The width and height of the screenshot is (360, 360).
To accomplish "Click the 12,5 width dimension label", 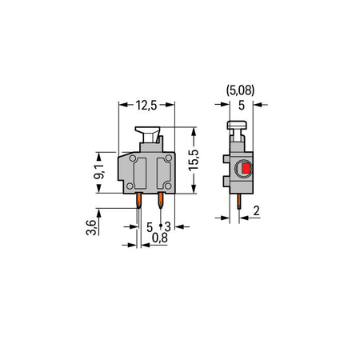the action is (146, 106).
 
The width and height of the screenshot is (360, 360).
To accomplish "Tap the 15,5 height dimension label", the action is (194, 160).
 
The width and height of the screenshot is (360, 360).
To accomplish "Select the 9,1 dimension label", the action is (99, 172).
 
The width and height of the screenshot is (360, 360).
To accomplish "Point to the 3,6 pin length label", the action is (91, 227).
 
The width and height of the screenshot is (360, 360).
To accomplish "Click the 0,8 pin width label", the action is (160, 238).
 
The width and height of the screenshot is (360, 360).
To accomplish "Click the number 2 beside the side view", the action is (256, 210).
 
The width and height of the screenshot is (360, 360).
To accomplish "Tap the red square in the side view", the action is (246, 168).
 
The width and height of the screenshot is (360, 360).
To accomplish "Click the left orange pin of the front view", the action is (139, 201).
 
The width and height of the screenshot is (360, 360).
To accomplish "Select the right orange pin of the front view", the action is (161, 201).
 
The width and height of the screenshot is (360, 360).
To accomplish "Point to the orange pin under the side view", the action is (239, 202).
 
